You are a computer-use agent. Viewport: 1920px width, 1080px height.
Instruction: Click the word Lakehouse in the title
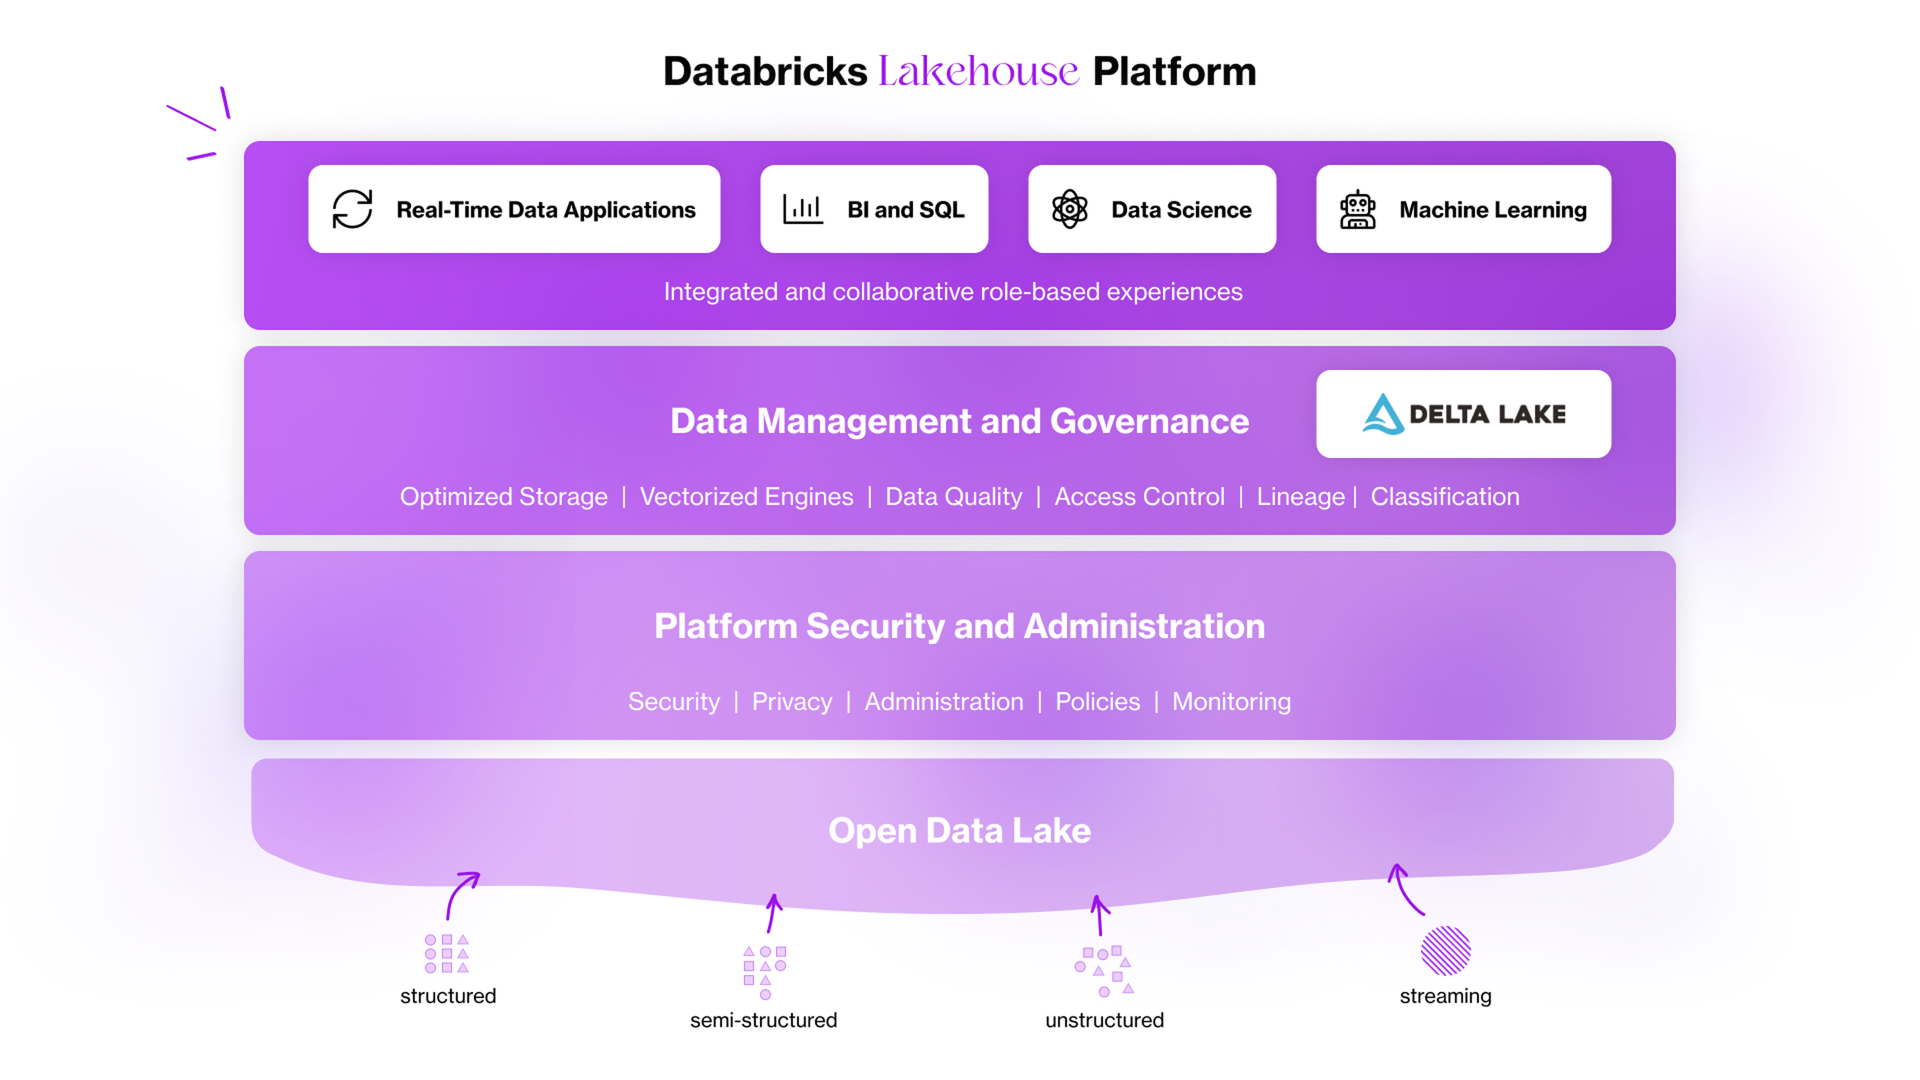[978, 71]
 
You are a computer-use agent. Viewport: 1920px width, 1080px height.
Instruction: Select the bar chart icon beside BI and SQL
[802, 209]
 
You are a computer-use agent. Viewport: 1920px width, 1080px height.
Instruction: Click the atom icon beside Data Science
[1070, 209]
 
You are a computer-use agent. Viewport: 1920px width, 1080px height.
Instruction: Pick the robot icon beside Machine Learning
[1357, 209]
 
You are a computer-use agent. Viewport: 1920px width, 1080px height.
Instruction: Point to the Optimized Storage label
[503, 496]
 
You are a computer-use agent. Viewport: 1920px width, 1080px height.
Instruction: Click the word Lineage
[1301, 496]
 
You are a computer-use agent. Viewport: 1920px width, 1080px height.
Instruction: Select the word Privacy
[791, 701]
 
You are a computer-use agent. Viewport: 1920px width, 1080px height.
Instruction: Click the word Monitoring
[1231, 701]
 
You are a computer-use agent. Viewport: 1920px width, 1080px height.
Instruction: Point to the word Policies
[1097, 701]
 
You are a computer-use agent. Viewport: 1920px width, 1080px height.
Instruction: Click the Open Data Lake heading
[959, 830]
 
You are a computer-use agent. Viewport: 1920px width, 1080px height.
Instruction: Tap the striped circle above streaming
[1445, 950]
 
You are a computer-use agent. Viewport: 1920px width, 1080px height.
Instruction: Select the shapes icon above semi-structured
[765, 972]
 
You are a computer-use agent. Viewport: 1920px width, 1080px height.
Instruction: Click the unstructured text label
[1104, 1019]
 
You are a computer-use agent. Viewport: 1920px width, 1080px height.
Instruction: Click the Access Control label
[1139, 496]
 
